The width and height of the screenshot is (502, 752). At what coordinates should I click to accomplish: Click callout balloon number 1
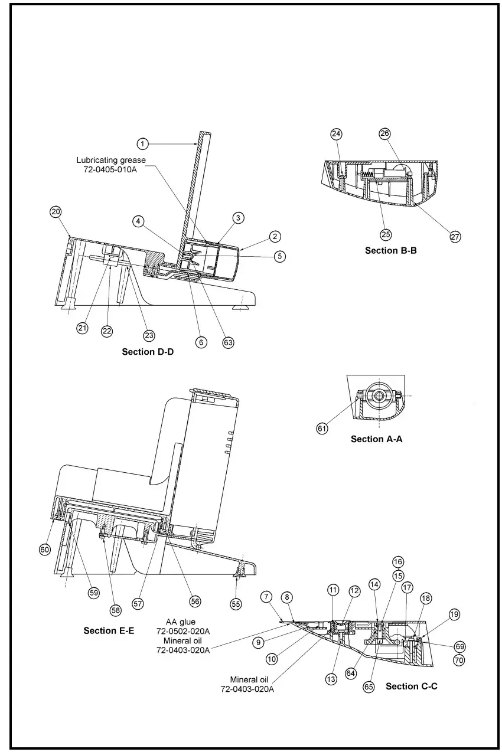click(x=142, y=143)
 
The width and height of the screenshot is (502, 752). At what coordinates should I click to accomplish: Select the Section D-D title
click(x=148, y=352)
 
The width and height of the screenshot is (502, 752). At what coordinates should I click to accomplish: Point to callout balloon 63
click(x=229, y=342)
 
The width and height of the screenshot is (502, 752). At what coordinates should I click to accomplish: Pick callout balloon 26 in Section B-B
click(x=384, y=134)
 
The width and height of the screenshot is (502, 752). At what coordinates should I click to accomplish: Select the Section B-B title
click(x=390, y=250)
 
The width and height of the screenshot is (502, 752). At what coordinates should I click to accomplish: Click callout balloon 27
click(x=455, y=237)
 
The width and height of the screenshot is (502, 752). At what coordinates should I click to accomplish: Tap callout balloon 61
click(x=322, y=429)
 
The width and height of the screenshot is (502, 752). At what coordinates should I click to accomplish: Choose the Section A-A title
click(x=376, y=439)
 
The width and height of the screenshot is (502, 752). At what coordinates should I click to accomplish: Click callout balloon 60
click(x=45, y=550)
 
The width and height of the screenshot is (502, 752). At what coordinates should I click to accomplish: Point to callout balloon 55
click(x=236, y=604)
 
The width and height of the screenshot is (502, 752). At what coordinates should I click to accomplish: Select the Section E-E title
click(x=109, y=630)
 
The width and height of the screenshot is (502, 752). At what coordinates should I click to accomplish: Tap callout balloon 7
click(x=266, y=597)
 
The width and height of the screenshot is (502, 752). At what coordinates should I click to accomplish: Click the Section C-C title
click(x=411, y=686)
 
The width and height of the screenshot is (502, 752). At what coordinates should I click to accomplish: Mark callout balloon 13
click(x=331, y=679)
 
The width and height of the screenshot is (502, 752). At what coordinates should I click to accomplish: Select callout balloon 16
click(x=398, y=562)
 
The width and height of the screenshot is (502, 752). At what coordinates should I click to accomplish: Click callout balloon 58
click(x=115, y=610)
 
